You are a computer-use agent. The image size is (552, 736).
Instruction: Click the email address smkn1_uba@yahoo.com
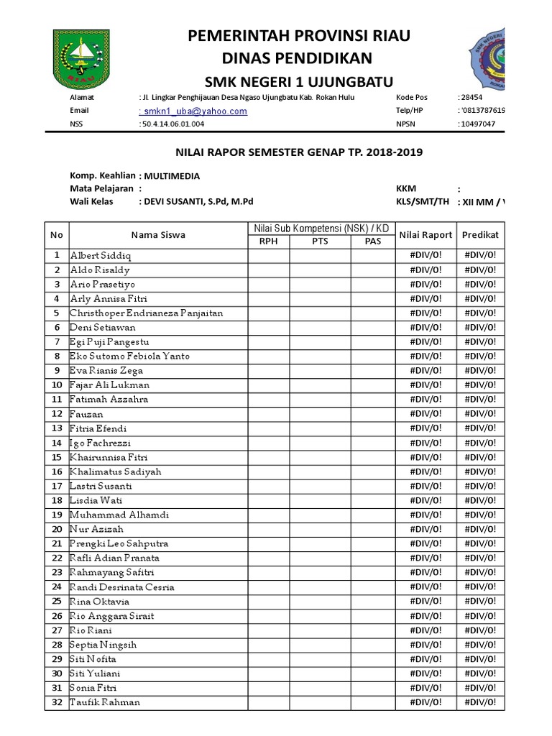[x=193, y=111]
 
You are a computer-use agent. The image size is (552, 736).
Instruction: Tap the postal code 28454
[x=471, y=97]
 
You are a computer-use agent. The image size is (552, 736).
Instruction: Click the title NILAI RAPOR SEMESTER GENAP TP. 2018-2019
[x=300, y=152]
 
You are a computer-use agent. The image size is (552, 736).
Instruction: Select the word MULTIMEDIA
[x=172, y=175]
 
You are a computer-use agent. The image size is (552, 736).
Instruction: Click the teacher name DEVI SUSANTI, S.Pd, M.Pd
[x=198, y=202]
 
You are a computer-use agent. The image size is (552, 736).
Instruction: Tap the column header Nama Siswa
[x=158, y=234]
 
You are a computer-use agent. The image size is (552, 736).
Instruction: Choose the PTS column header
[x=320, y=241]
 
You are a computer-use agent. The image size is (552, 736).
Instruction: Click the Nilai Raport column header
[x=425, y=234]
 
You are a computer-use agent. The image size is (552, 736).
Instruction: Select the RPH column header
[x=268, y=241]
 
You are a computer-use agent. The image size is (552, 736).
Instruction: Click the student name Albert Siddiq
[x=101, y=255]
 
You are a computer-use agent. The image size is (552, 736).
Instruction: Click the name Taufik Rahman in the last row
[x=105, y=702]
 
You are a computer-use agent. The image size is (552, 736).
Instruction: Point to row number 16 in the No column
[x=57, y=471]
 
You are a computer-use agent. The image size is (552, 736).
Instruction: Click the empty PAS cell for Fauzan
[x=372, y=414]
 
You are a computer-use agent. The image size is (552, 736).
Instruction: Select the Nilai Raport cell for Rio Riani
[x=425, y=630]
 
